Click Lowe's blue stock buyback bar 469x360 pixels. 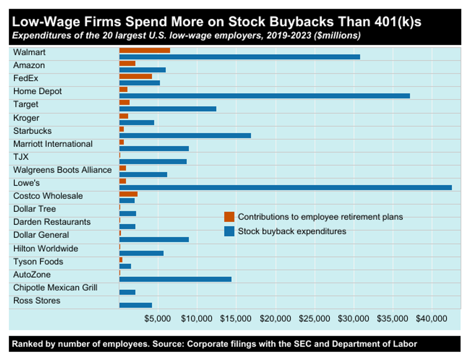pyautogui.click(x=285, y=187)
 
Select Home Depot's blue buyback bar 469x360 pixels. pyautogui.click(x=264, y=96)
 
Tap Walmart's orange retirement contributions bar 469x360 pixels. pyautogui.click(x=145, y=50)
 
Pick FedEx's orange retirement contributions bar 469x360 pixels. pyautogui.click(x=135, y=76)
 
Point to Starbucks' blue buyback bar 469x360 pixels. pyautogui.click(x=185, y=135)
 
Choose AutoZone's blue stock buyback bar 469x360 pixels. pyautogui.click(x=175, y=279)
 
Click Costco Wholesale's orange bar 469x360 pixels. pyautogui.click(x=128, y=194)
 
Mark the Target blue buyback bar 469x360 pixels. pyautogui.click(x=167, y=109)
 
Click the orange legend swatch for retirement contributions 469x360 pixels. pyautogui.click(x=229, y=217)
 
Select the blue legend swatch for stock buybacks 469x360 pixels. pyautogui.click(x=229, y=231)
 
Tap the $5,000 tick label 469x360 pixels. pyautogui.click(x=158, y=318)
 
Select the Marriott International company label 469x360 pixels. pyautogui.click(x=53, y=144)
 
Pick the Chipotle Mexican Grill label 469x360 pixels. pyautogui.click(x=55, y=288)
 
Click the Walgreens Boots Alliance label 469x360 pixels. pyautogui.click(x=62, y=170)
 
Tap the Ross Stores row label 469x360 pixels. pyautogui.click(x=37, y=301)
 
